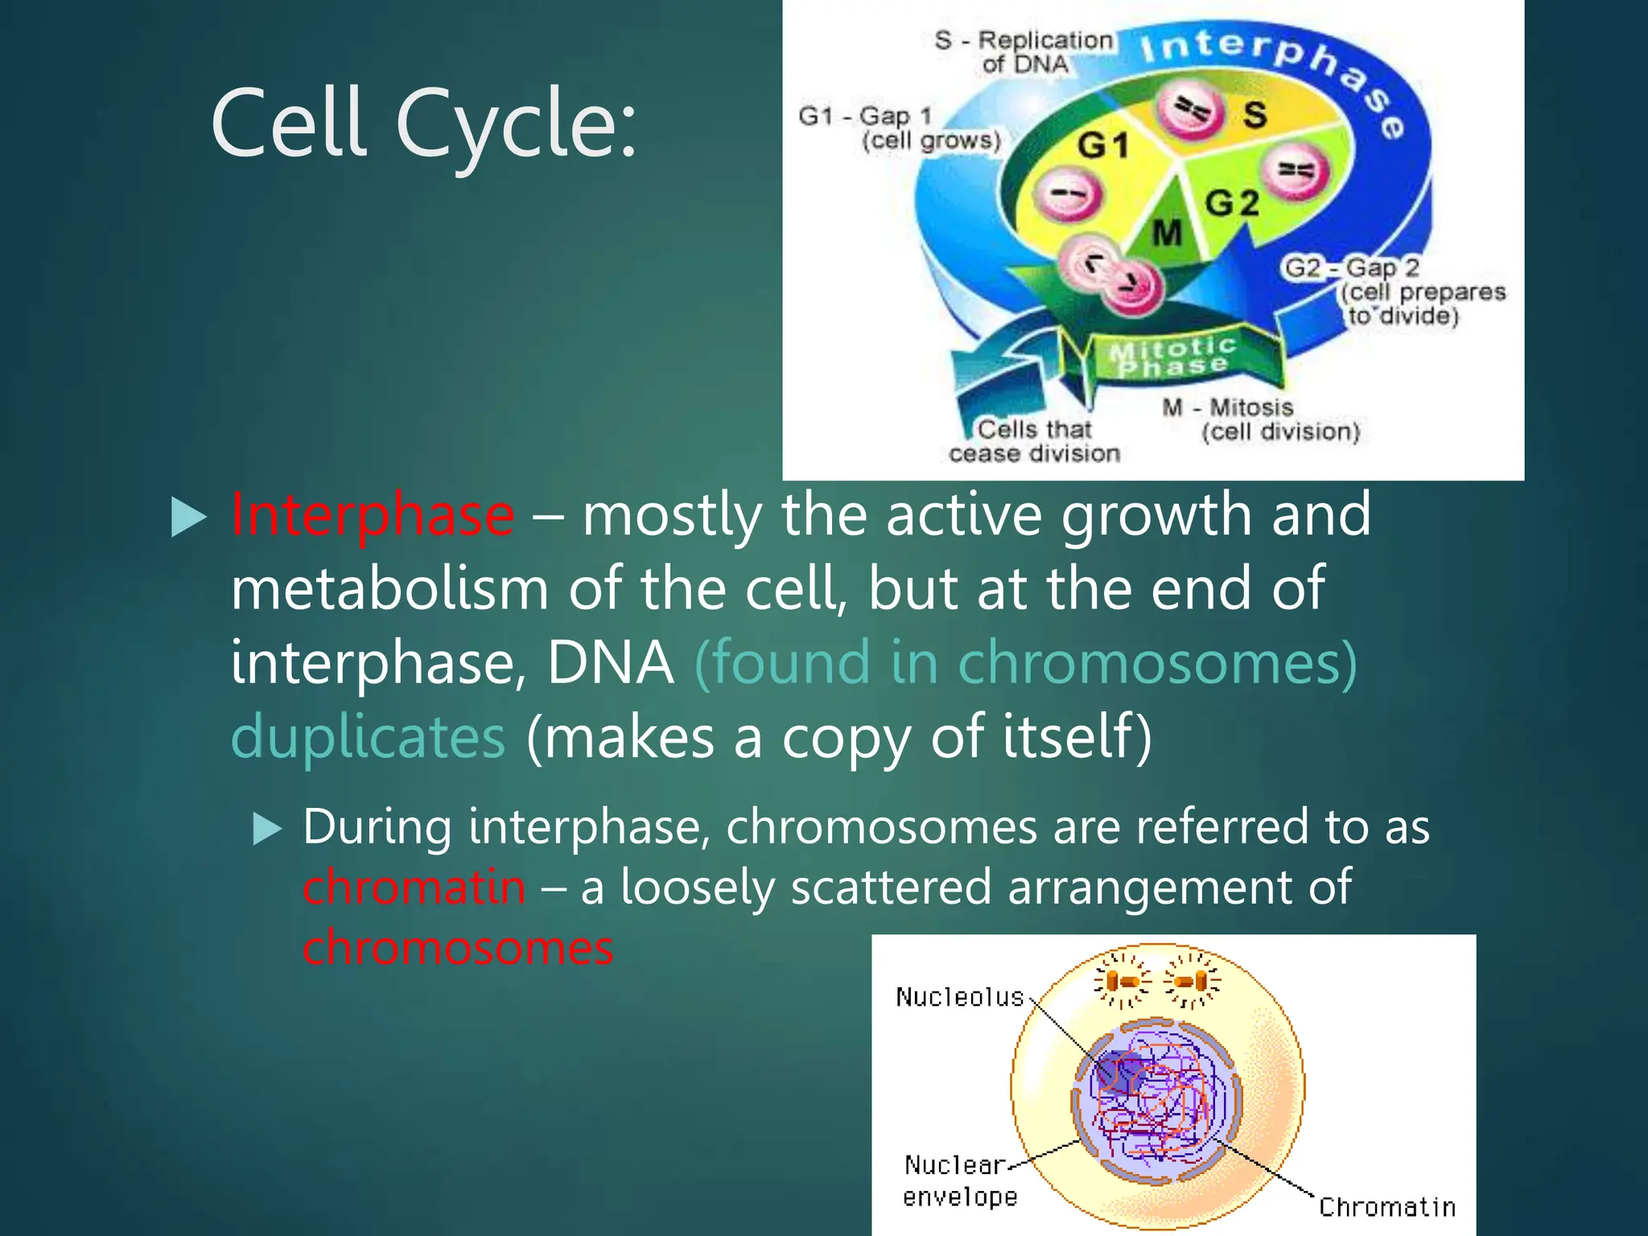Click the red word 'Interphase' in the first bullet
[373, 515]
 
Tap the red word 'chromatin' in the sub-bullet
[414, 888]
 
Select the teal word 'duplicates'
[368, 737]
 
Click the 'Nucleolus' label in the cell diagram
[959, 998]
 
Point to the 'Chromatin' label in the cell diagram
[1387, 1207]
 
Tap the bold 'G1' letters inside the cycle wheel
[1103, 146]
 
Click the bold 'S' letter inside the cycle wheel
[1255, 115]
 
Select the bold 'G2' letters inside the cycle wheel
[1232, 203]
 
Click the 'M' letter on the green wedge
[1167, 233]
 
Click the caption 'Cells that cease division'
[1034, 441]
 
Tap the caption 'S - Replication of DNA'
[1024, 51]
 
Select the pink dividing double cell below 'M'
[1110, 274]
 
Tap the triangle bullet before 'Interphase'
[189, 517]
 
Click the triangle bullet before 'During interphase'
[267, 828]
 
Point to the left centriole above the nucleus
[1122, 981]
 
